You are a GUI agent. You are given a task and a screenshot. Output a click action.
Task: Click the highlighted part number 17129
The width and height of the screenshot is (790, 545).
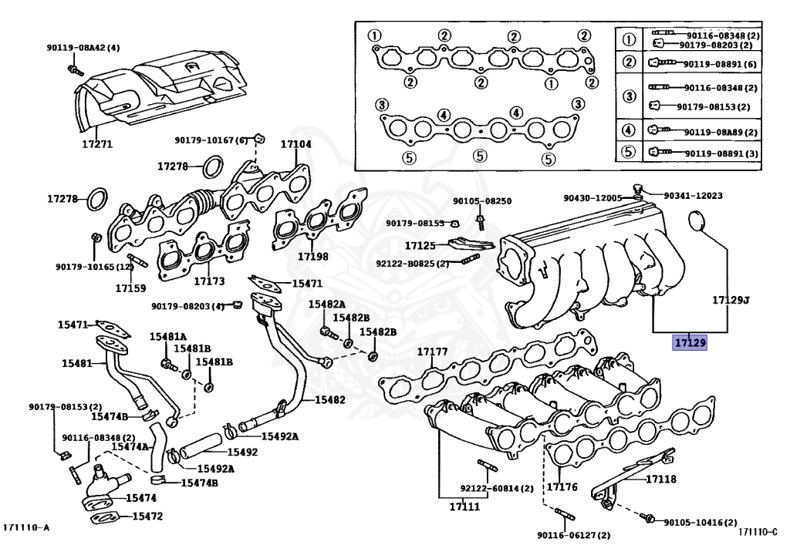(690, 342)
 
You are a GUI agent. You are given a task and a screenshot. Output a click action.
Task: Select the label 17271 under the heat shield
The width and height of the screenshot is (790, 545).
(97, 143)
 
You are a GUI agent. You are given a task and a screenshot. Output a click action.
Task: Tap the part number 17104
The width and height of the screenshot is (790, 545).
(295, 144)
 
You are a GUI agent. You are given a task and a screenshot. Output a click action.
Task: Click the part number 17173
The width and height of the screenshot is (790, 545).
(209, 281)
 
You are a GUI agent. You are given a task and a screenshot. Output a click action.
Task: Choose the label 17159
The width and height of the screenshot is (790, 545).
(130, 288)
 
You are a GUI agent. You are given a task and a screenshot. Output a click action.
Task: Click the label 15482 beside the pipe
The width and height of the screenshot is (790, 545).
(329, 400)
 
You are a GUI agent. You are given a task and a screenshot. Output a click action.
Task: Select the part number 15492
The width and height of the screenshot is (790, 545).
(242, 452)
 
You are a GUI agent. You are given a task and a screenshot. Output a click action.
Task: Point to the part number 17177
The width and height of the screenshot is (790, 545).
(433, 352)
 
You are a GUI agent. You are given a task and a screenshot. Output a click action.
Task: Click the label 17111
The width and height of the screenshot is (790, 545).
(464, 506)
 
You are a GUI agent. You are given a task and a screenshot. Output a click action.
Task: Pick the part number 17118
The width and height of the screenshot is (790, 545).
(661, 479)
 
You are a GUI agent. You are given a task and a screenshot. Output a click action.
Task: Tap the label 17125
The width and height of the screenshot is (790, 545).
(420, 246)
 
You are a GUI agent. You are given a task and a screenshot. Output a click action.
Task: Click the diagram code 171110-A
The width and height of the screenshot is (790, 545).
(25, 527)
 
